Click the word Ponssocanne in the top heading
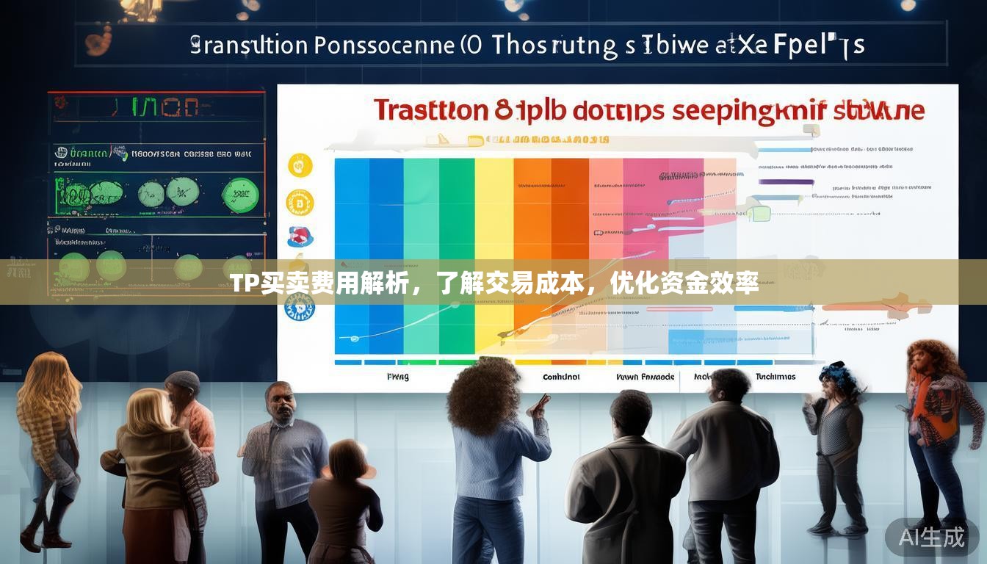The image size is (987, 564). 384,46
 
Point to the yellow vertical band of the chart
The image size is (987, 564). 493,220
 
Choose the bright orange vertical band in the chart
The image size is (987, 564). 532,220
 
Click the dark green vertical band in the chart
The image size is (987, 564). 456,220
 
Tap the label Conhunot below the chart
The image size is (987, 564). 560,377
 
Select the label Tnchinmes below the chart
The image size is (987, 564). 775,377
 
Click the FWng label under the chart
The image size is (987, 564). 397,377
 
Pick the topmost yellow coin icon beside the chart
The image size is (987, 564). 300,165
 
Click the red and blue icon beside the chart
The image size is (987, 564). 300,236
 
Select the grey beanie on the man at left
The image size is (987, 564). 182,380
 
